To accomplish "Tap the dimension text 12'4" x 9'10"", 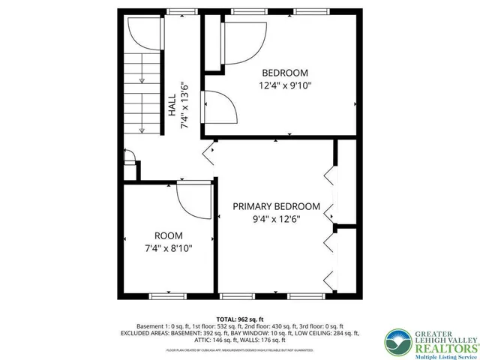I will point(284,85).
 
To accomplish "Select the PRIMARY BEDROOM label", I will point(276,206).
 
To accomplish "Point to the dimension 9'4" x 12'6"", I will point(276,220).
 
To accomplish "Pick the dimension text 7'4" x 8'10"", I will point(168,248).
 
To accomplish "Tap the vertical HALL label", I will point(172,103).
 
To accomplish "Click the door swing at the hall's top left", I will point(142,34).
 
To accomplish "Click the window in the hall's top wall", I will point(178,11).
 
